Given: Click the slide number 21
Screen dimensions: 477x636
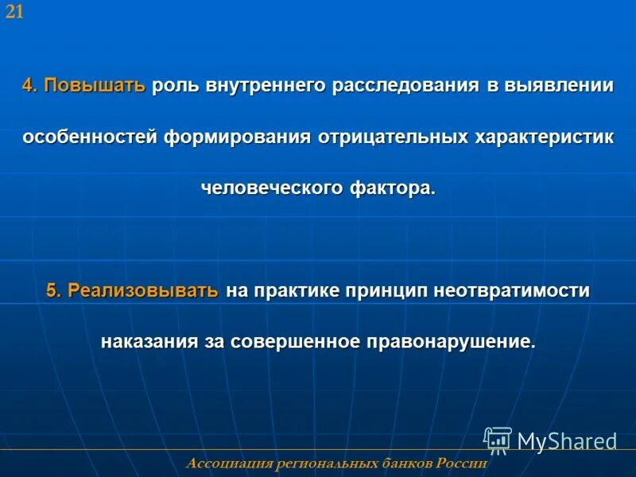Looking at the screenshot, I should tap(14, 11).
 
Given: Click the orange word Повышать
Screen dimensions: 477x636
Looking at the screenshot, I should tap(95, 86).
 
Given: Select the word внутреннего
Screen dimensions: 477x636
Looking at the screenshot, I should tap(265, 86).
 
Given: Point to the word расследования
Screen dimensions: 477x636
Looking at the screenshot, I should tap(405, 86).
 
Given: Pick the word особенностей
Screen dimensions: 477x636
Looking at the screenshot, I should tap(90, 137).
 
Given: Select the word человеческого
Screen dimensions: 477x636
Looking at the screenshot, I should tap(272, 188).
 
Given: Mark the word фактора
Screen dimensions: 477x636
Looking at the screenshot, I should tap(393, 188).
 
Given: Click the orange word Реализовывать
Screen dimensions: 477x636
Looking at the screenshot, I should tap(143, 291).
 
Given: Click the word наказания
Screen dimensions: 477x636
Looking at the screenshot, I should tap(149, 342).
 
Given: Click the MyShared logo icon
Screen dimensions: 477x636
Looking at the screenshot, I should tap(498, 440).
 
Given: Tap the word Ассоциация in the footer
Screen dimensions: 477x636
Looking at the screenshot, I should tap(230, 463).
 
